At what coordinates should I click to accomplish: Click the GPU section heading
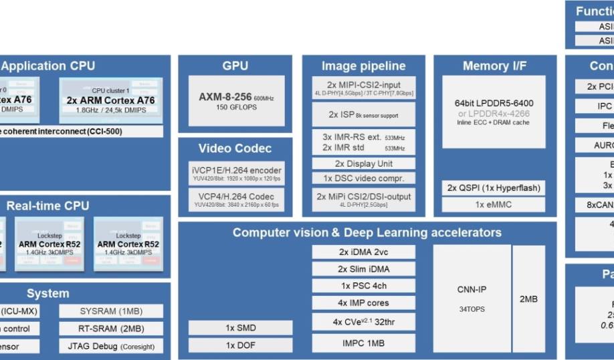[235, 66]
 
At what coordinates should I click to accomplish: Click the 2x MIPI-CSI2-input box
[364, 88]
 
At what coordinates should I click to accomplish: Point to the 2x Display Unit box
[364, 163]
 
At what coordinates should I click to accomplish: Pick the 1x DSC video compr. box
[364, 179]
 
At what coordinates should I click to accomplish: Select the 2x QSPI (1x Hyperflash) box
[494, 188]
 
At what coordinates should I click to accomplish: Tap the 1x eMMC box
[494, 205]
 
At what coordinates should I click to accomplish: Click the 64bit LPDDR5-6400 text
[494, 103]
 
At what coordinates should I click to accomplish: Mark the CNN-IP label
[472, 290]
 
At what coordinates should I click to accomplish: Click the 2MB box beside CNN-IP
[528, 298]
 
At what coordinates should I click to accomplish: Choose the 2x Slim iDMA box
[364, 269]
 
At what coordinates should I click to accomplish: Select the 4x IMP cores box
[364, 303]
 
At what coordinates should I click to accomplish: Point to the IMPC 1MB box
[364, 343]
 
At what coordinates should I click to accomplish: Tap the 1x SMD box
[240, 328]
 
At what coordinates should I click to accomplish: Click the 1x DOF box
[240, 345]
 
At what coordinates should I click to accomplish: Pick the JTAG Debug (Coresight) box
[111, 346]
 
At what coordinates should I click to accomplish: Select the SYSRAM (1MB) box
[111, 311]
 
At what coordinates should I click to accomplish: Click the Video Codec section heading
[235, 148]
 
